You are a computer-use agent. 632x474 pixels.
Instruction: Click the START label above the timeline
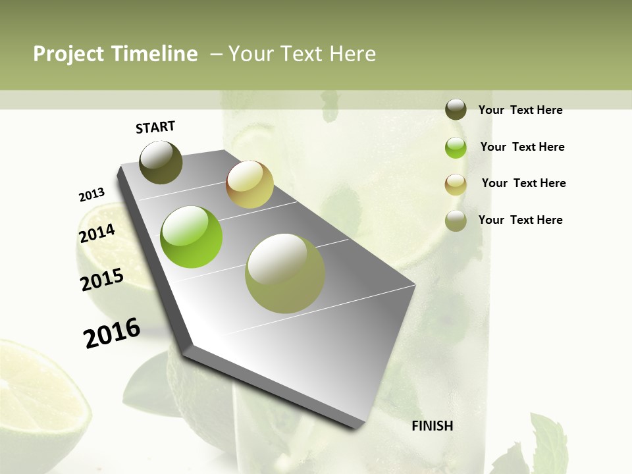tap(155, 126)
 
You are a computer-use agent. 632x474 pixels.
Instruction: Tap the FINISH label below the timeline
tap(432, 426)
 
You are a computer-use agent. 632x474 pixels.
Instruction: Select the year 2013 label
tap(92, 195)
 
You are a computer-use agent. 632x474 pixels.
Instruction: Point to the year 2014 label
tap(97, 233)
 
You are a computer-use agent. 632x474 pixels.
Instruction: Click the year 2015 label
tap(102, 280)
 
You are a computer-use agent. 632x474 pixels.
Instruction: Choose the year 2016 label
tap(112, 332)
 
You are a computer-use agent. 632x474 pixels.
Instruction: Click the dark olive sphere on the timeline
tap(161, 163)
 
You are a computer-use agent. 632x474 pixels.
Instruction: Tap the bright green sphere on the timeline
tap(192, 237)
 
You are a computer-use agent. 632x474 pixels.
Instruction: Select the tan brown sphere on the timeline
tap(250, 184)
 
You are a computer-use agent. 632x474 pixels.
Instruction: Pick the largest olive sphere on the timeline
tap(285, 273)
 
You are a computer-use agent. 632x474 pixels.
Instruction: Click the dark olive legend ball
tap(456, 110)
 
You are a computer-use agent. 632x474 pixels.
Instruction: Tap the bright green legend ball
tap(456, 147)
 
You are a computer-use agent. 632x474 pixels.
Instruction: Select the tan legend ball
tap(456, 184)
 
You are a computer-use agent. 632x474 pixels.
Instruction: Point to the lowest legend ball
tap(456, 221)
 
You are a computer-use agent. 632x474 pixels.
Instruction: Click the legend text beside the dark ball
tap(520, 110)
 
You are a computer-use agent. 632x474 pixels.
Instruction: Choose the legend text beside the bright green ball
tap(522, 147)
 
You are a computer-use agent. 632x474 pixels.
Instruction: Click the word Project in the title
tap(68, 54)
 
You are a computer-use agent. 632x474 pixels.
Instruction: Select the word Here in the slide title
tap(352, 54)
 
